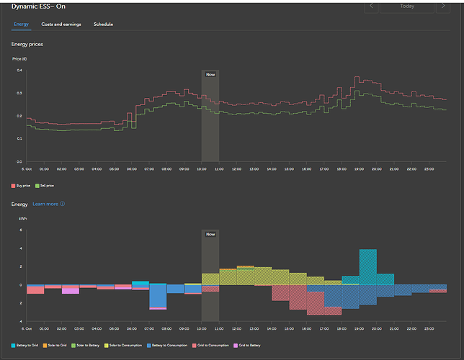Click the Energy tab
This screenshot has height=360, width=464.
[22, 24]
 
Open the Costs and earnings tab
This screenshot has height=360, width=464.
[61, 24]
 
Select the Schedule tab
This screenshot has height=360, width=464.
[103, 24]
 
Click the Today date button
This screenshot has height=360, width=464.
[407, 6]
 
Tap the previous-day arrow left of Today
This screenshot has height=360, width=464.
[372, 6]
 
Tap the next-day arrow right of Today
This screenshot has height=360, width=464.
[443, 6]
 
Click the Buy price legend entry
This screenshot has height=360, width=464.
[22, 185]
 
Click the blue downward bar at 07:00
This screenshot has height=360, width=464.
[158, 295]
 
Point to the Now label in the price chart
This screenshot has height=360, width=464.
[210, 74]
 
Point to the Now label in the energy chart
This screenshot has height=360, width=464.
[210, 234]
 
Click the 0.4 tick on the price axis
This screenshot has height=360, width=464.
[19, 71]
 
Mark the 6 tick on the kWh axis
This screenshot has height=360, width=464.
[21, 230]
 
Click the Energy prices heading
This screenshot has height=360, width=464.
[27, 45]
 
